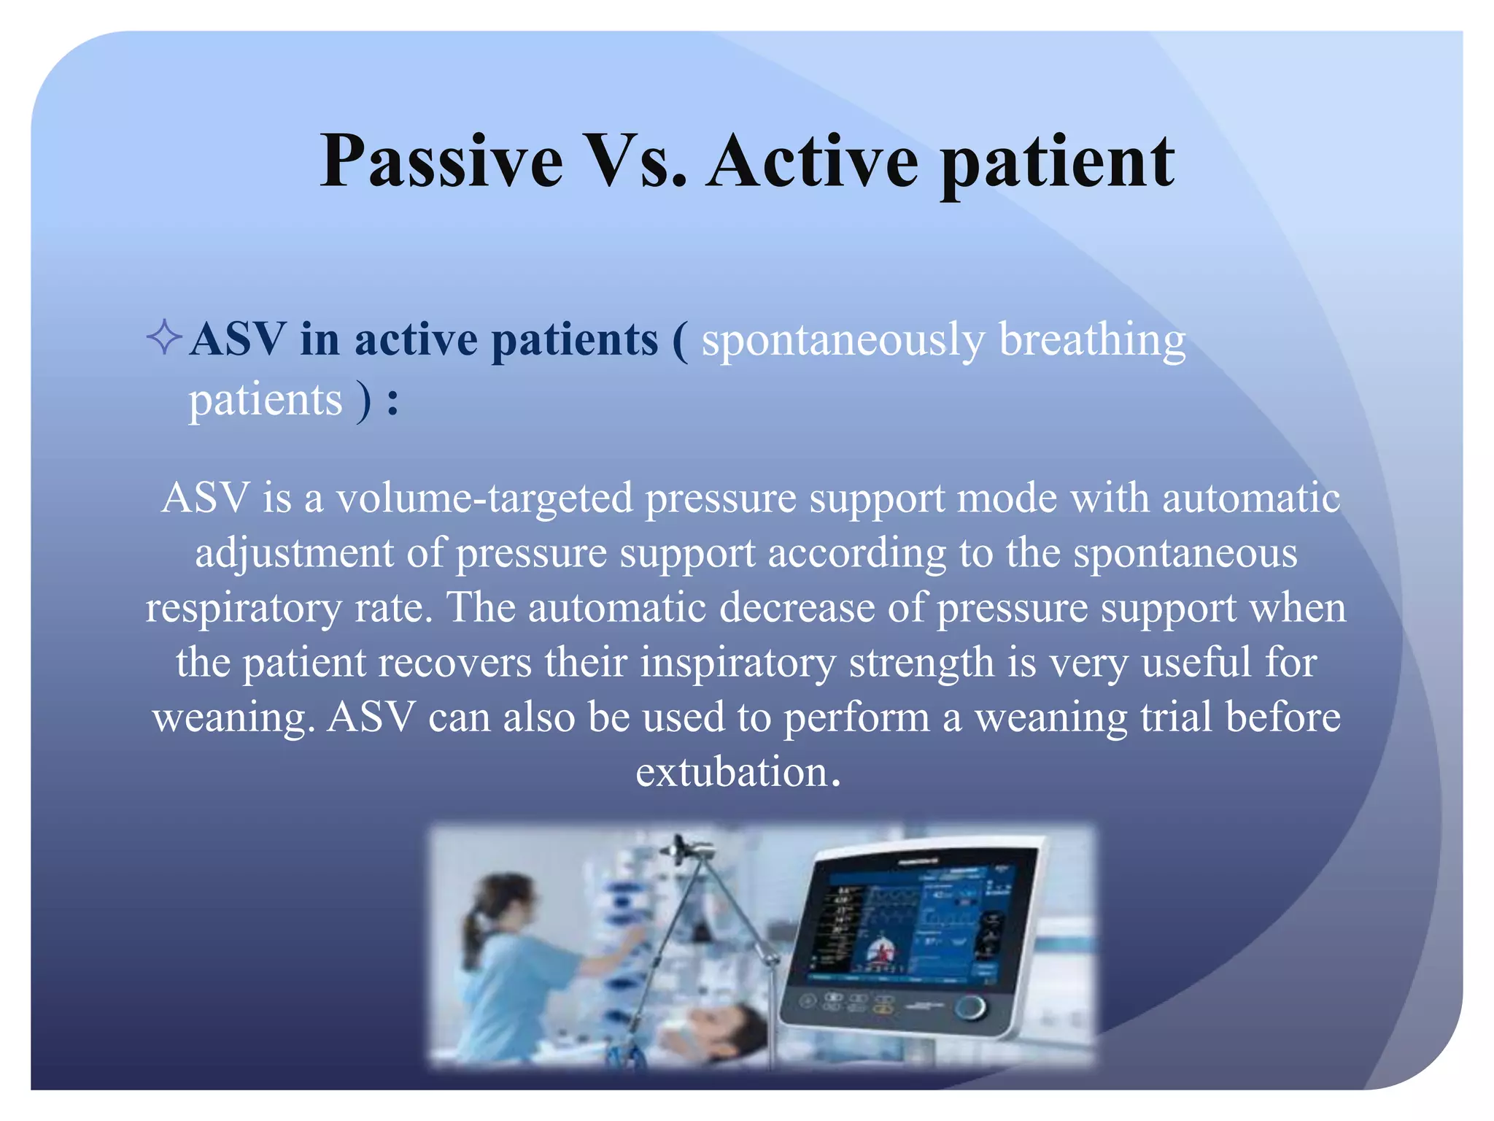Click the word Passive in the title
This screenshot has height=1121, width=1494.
[x=441, y=162]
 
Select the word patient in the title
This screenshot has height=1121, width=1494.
[x=1057, y=164]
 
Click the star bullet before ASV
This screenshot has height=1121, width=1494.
[x=163, y=339]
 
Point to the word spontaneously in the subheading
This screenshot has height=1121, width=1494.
[x=843, y=341]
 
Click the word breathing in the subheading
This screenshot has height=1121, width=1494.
[x=1092, y=341]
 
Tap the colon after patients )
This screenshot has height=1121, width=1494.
[x=393, y=402]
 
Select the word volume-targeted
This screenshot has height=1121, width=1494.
[x=484, y=499]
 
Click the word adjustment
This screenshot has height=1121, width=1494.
[x=294, y=554]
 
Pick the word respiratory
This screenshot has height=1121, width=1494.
[x=243, y=609]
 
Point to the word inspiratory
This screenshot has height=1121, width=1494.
[x=738, y=663]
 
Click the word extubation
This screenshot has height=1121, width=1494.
[x=732, y=773]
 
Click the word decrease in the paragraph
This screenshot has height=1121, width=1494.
[x=797, y=608]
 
